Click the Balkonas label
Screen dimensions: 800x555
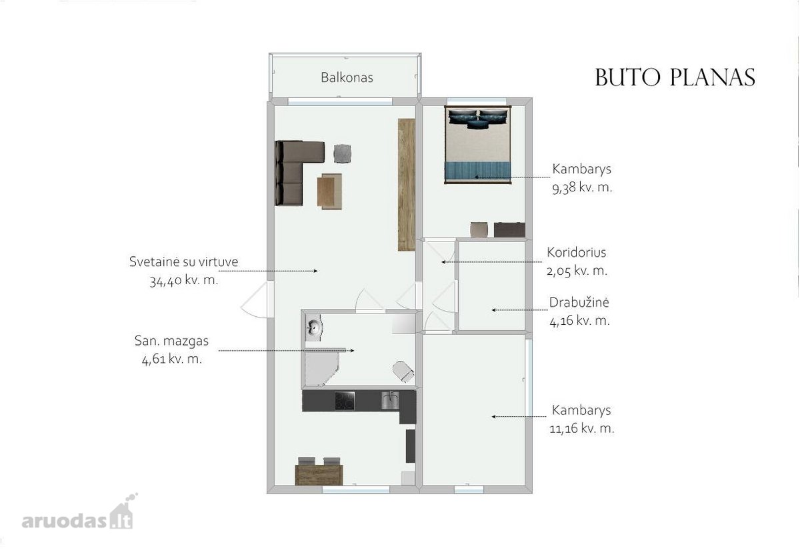347,77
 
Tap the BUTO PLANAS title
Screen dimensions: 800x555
675,77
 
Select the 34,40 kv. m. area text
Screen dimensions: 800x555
183,281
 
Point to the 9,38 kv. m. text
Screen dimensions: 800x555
582,187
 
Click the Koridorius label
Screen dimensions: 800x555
577,252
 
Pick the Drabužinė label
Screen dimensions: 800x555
579,302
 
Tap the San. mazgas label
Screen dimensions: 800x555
171,341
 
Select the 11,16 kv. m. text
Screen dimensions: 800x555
582,428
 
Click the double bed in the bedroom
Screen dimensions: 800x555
478,145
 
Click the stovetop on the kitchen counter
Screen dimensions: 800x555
345,401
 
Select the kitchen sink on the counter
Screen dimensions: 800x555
391,400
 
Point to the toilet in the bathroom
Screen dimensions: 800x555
403,372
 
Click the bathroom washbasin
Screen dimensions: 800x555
314,326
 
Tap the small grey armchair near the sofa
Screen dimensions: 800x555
342,153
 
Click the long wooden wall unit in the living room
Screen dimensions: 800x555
407,185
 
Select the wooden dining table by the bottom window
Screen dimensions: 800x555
319,474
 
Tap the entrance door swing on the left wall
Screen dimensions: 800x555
256,300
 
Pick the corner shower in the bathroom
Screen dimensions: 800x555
321,368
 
